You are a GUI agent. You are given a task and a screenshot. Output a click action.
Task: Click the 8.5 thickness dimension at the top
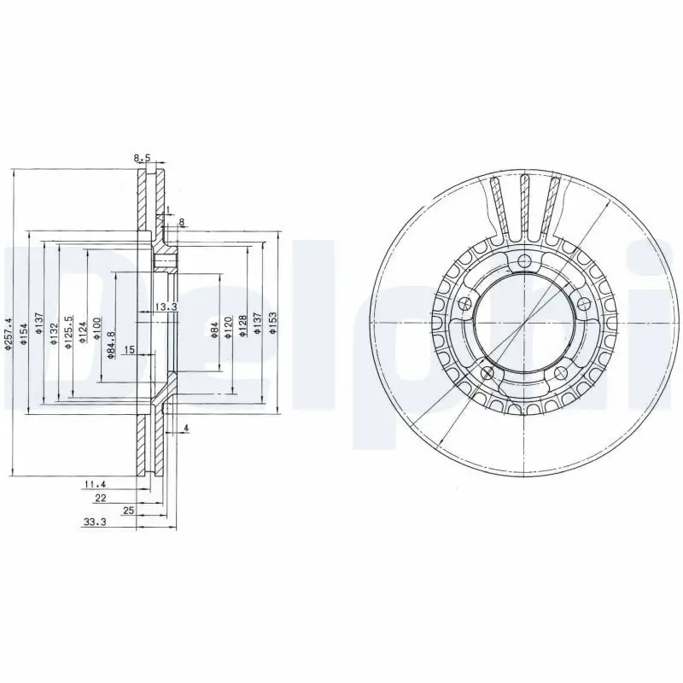142,158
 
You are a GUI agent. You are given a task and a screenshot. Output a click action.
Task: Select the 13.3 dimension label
166,307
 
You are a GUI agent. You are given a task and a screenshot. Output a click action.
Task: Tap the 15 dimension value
130,350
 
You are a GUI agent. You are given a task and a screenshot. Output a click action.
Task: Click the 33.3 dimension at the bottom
94,524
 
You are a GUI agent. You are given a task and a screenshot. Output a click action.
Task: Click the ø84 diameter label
213,330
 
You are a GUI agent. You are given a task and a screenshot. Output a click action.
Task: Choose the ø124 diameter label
83,331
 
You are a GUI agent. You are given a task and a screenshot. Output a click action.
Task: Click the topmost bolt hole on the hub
524,261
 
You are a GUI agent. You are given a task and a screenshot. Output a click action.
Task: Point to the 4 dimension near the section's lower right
185,427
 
